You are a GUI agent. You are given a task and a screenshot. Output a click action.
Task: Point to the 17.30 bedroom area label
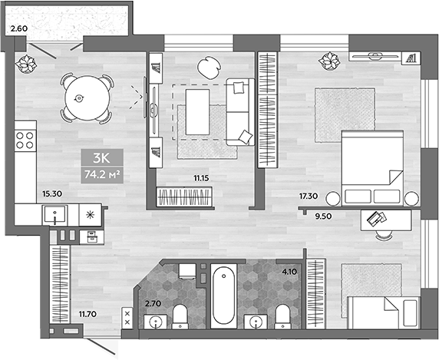309,195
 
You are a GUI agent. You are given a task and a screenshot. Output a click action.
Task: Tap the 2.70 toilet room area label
153,304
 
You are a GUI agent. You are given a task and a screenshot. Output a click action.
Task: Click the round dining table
81,97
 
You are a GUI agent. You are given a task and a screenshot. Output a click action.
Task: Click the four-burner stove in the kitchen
25,140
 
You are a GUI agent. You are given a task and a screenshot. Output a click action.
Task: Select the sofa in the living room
239,111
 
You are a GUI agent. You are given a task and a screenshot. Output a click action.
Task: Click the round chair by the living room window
208,66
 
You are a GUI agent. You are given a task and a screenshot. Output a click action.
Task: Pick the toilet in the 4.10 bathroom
282,315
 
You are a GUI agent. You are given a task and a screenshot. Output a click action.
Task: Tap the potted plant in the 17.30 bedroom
330,59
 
